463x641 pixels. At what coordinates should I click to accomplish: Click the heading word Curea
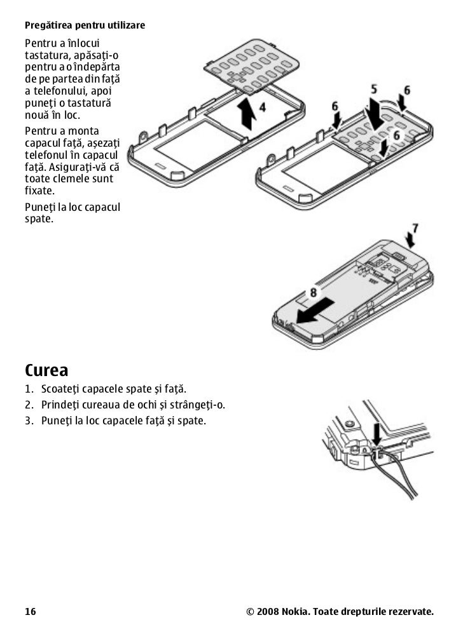[x=46, y=370]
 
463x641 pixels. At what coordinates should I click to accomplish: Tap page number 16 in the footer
[x=31, y=612]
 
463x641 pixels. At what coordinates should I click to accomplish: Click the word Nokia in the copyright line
[x=296, y=612]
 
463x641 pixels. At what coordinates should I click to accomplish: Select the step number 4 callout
[x=263, y=107]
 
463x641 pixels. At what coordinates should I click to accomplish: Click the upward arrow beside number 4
[x=246, y=114]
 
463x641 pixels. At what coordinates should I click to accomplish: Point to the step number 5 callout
[x=374, y=89]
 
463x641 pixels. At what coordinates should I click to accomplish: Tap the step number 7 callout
[x=415, y=227]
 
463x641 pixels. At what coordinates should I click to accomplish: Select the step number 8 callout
[x=313, y=292]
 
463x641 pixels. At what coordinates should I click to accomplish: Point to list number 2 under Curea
[x=29, y=405]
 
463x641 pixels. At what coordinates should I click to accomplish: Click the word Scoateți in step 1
[x=63, y=389]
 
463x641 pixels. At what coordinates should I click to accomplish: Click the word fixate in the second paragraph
[x=39, y=191]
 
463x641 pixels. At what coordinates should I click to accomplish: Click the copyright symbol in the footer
[x=250, y=612]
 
